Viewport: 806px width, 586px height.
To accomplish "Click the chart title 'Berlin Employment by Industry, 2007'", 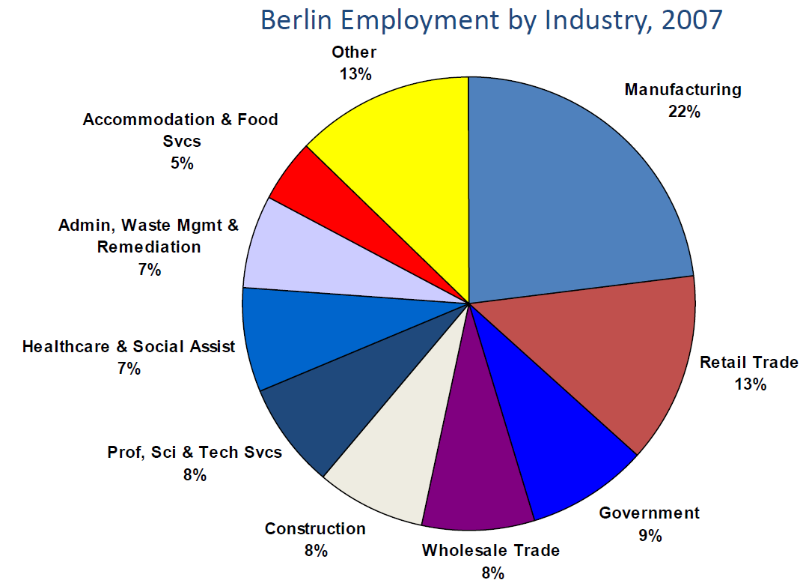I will tap(491, 19).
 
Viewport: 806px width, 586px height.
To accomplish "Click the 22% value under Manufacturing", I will tap(684, 112).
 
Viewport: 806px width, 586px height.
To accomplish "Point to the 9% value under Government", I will tap(650, 536).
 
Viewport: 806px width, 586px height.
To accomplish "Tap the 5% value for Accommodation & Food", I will tap(181, 163).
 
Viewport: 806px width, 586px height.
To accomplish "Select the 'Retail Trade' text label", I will tap(748, 363).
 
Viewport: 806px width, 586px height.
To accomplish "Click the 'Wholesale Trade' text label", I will tap(490, 551).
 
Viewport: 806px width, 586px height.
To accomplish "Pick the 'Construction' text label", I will tap(315, 529).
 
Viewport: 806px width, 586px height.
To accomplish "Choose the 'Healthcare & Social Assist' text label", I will tap(129, 347).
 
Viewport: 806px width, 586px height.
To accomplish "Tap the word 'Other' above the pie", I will tap(354, 52).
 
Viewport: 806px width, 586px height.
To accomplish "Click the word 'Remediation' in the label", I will tap(149, 247).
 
